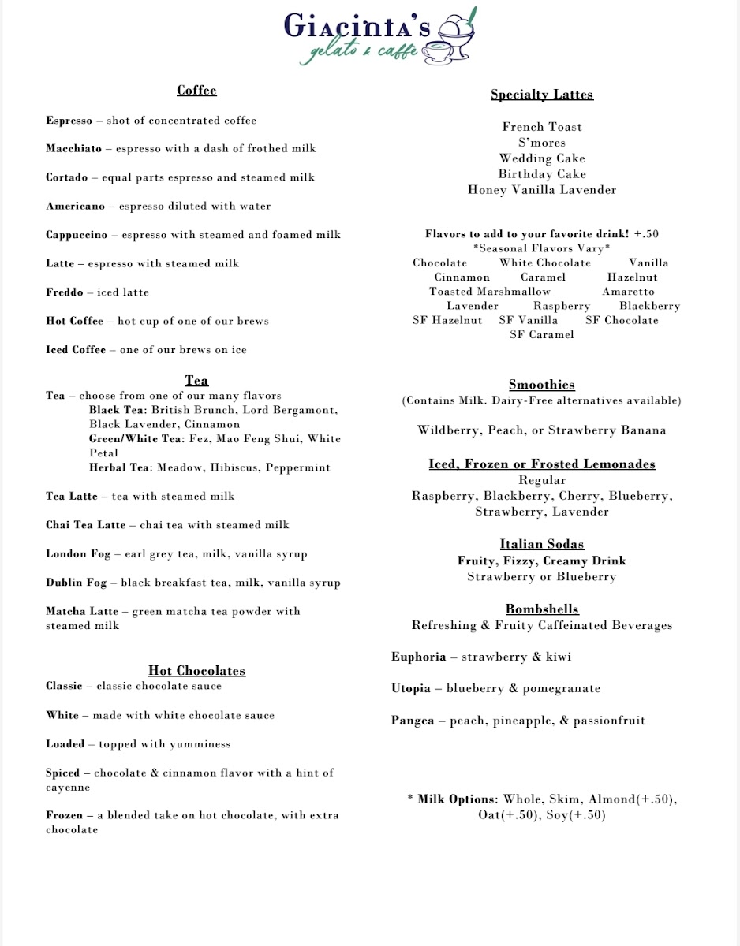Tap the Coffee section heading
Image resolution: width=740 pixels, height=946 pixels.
click(x=196, y=91)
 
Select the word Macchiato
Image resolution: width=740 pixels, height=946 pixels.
click(x=73, y=149)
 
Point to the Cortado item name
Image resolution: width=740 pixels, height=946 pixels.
click(x=66, y=177)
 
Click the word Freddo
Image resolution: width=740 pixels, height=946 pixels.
click(x=64, y=292)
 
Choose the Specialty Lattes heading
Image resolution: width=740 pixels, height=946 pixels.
click(x=542, y=95)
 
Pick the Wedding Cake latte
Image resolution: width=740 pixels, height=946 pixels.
click(x=542, y=158)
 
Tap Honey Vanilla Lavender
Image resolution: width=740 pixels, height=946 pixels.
click(x=542, y=190)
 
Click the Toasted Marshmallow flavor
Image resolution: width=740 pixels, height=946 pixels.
click(x=490, y=292)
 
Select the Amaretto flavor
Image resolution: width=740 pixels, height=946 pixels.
click(x=628, y=292)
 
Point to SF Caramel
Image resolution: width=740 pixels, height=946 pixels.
click(x=542, y=335)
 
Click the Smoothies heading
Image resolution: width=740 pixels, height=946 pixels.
click(x=542, y=385)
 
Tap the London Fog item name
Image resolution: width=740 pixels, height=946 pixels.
click(x=78, y=554)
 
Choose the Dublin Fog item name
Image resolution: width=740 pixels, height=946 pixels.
click(x=78, y=583)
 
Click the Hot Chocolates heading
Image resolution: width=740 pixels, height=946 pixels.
click(x=196, y=671)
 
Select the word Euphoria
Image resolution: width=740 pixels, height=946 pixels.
click(x=418, y=657)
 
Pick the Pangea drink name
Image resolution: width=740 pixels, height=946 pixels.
click(x=413, y=721)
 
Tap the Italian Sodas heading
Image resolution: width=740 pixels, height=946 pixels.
click(x=542, y=545)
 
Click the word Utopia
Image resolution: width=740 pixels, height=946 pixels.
click(x=411, y=688)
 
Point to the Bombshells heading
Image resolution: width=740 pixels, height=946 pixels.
click(x=542, y=609)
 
